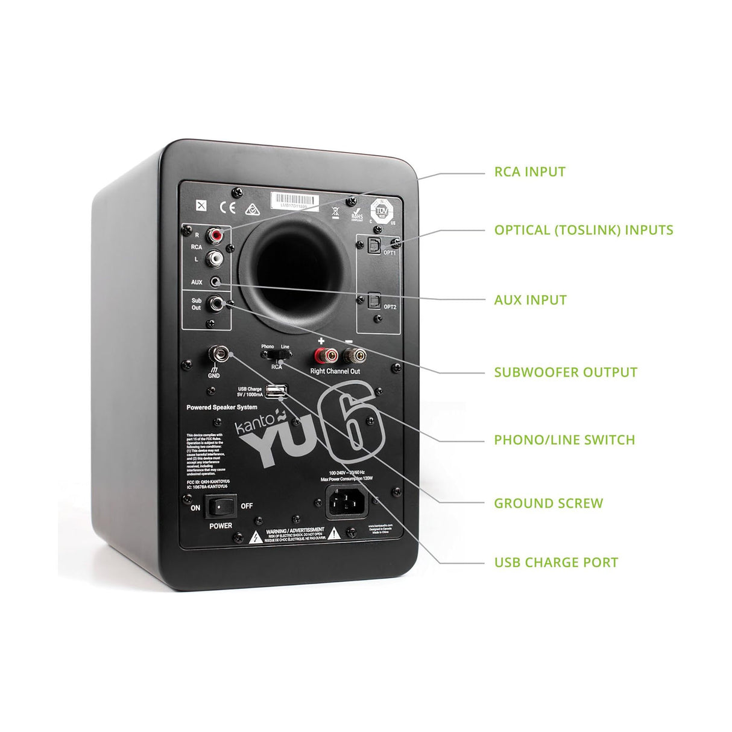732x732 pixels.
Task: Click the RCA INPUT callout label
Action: pyautogui.click(x=529, y=172)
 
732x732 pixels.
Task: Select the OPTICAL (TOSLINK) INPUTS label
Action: pyautogui.click(x=583, y=230)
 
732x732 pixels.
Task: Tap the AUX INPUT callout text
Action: pyautogui.click(x=530, y=300)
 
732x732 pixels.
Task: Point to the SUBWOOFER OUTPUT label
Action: pyautogui.click(x=565, y=372)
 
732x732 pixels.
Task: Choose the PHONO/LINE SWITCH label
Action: pyautogui.click(x=564, y=440)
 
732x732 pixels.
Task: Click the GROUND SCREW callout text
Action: pyautogui.click(x=548, y=503)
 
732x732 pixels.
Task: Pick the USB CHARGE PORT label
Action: pyautogui.click(x=556, y=562)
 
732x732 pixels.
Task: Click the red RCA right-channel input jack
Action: pyautogui.click(x=215, y=234)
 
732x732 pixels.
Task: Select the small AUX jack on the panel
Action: pyautogui.click(x=215, y=282)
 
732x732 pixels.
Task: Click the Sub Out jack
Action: pyautogui.click(x=215, y=303)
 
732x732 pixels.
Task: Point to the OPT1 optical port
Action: pyautogui.click(x=373, y=244)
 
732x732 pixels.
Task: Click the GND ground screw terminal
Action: pyautogui.click(x=215, y=352)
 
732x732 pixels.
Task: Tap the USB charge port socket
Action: pyautogui.click(x=274, y=392)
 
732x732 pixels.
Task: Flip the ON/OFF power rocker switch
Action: pyautogui.click(x=220, y=506)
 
